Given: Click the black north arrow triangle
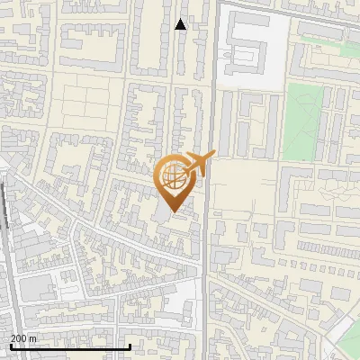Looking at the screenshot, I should tap(181, 24).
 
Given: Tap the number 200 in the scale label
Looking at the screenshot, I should tap(20, 339).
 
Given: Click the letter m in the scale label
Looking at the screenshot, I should tap(33, 339).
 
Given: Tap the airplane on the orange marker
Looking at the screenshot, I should tap(198, 164).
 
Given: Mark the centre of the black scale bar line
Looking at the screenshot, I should tap(69, 346).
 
